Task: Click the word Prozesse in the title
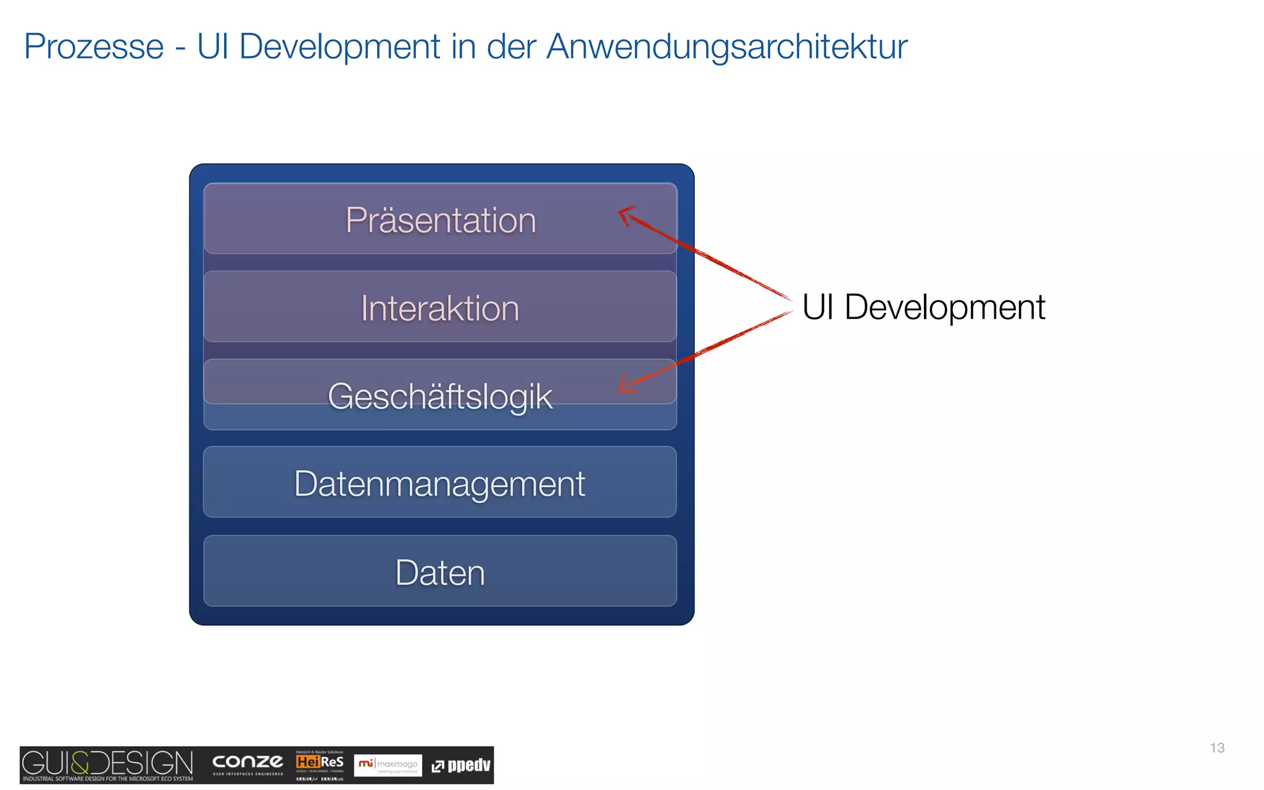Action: pyautogui.click(x=94, y=47)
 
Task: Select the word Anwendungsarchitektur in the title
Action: pyautogui.click(x=726, y=47)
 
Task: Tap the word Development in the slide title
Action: pyautogui.click(x=339, y=47)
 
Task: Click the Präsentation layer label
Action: pyautogui.click(x=441, y=220)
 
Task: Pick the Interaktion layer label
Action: pyautogui.click(x=440, y=309)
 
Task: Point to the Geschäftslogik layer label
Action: pyautogui.click(x=440, y=396)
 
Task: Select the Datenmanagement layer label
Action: pyautogui.click(x=439, y=484)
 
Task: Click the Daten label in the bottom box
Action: pyautogui.click(x=440, y=573)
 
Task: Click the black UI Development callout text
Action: pyautogui.click(x=923, y=307)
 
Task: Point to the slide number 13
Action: pyautogui.click(x=1217, y=748)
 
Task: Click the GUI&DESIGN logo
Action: pyautogui.click(x=107, y=765)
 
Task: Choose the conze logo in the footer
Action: pyautogui.click(x=247, y=763)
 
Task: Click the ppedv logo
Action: pyautogui.click(x=461, y=766)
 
